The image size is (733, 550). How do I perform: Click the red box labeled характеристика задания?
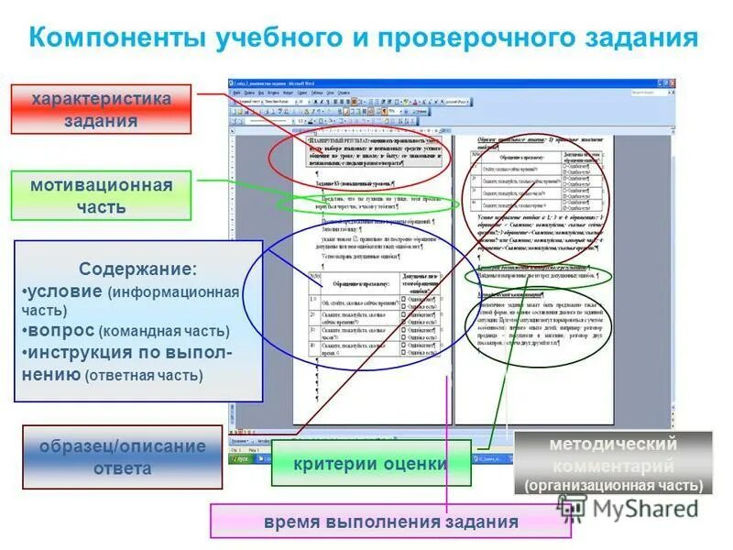coord(101,109)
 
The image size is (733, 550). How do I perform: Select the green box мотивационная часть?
coord(101,196)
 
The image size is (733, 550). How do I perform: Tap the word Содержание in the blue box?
coord(137,270)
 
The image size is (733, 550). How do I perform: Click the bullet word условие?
coord(64,291)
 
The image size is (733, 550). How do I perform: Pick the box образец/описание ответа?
coord(122,456)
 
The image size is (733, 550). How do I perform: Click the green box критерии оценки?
coord(370,464)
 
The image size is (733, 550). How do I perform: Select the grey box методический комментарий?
coord(613,453)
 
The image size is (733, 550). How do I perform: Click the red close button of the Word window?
coord(671,82)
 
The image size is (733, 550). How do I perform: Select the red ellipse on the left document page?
coord(360,158)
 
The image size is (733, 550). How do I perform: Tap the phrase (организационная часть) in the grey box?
coord(613,485)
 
